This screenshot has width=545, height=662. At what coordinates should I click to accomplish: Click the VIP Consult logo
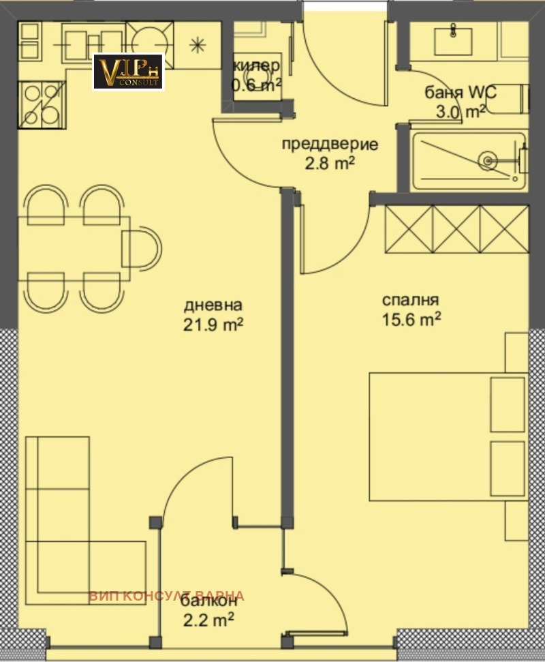128,72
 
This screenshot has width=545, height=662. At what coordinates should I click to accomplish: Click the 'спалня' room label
410,299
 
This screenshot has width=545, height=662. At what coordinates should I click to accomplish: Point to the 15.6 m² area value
411,319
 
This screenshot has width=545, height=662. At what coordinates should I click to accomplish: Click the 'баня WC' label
455,93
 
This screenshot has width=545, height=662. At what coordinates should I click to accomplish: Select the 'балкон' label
208,601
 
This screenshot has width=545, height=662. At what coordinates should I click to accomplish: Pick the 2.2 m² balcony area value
208,620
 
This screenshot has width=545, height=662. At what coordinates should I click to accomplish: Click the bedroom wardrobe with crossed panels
456,229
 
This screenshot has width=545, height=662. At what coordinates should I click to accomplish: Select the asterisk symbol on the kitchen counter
197,46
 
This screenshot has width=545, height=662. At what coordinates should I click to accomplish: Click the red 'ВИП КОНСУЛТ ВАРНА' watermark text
166,595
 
